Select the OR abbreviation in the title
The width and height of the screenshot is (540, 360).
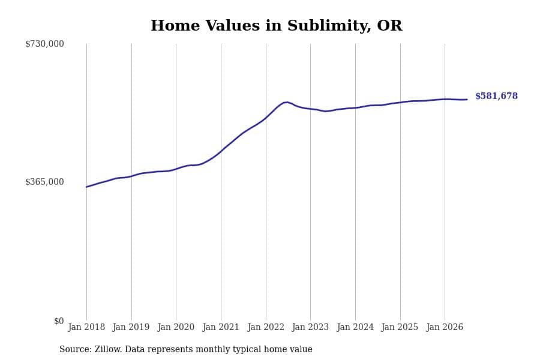click(x=389, y=26)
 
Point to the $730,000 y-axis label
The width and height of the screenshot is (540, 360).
click(x=44, y=44)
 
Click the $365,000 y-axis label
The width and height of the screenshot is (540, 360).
click(x=44, y=182)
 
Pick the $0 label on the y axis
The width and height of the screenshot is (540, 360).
click(x=59, y=321)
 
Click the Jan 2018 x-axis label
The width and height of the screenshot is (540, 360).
click(x=86, y=327)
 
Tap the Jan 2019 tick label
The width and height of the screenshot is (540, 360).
click(x=131, y=327)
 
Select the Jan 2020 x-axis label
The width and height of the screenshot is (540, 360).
click(x=176, y=327)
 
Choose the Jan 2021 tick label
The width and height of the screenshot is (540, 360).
click(x=221, y=327)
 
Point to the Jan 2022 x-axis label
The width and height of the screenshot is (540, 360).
click(x=266, y=327)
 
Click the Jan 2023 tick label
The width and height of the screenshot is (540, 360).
click(x=310, y=327)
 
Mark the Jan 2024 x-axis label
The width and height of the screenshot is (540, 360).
click(x=355, y=327)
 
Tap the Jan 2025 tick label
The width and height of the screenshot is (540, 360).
click(x=400, y=327)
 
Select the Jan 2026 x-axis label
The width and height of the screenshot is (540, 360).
click(x=445, y=327)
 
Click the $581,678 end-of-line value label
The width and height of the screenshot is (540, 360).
click(x=496, y=96)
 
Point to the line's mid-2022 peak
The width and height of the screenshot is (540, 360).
click(x=286, y=103)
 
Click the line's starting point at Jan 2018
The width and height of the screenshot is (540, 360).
click(x=86, y=187)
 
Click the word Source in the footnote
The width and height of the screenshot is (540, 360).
click(x=76, y=349)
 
